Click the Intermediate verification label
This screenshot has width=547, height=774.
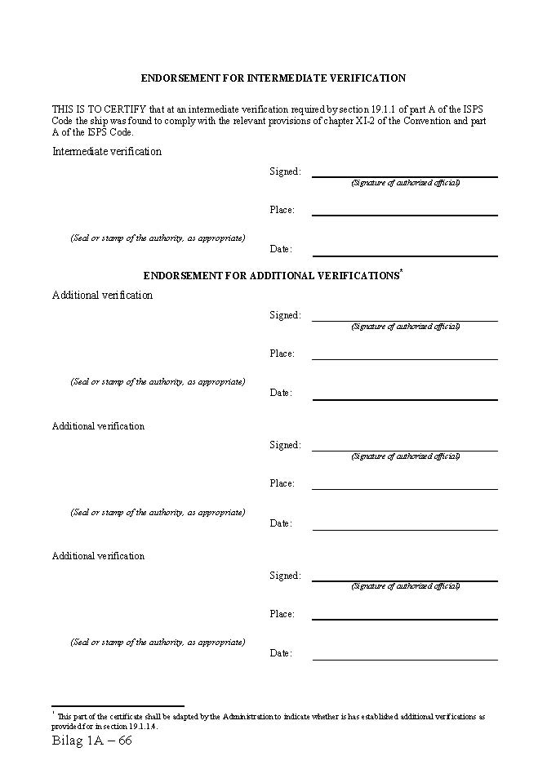tap(107, 151)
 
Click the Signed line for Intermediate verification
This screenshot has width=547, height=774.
tap(404, 176)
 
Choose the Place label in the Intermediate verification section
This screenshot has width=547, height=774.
tap(282, 210)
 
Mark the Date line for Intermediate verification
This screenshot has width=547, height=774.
tap(404, 255)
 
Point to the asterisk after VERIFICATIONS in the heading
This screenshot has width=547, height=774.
tap(401, 271)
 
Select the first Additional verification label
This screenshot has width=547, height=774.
tap(102, 296)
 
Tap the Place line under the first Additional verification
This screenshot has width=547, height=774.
tap(404, 358)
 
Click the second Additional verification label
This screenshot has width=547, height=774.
tap(98, 426)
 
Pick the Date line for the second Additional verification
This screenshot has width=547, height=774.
tap(404, 529)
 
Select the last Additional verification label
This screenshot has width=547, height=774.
tap(98, 556)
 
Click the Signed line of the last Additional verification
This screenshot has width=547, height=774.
tap(404, 580)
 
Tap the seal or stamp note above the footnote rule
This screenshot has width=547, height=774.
tap(158, 643)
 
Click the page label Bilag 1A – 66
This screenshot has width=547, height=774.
tap(91, 741)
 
